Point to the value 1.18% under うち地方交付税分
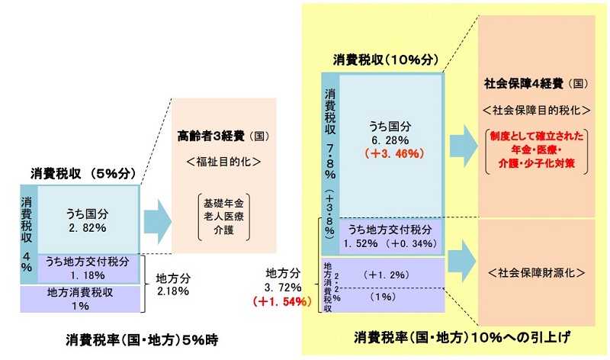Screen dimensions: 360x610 [x=86, y=275]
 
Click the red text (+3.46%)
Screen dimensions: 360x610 [x=390, y=153]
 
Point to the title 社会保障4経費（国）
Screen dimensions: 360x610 [x=535, y=82]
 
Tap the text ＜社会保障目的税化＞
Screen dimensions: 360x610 [x=537, y=109]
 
